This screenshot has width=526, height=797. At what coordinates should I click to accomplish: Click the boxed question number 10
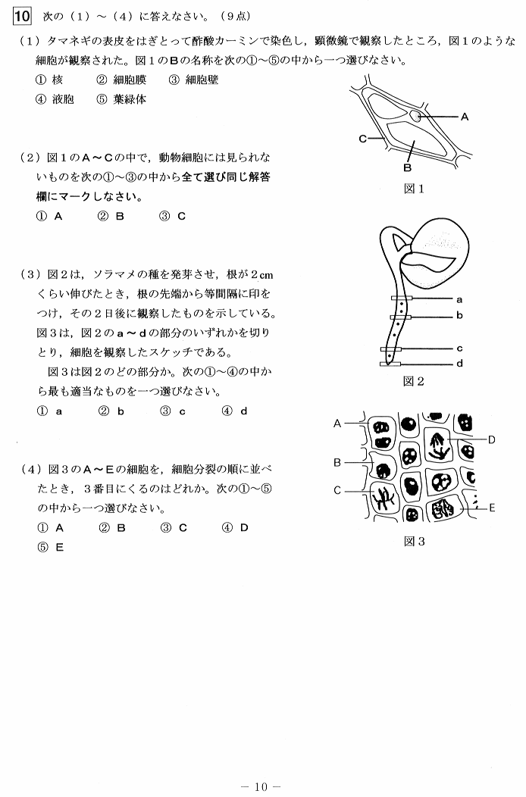[20, 15]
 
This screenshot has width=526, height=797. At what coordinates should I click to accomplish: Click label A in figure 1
[465, 117]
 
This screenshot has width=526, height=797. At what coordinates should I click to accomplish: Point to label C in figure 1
[363, 139]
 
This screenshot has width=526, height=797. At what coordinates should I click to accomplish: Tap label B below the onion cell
[407, 167]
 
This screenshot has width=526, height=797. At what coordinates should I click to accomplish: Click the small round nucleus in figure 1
[416, 116]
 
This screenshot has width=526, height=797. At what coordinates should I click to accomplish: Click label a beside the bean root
[459, 298]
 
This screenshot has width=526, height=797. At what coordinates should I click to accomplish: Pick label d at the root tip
[459, 364]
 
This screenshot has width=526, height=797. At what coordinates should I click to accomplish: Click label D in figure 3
[491, 439]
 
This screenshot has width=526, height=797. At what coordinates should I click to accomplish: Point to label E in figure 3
[491, 508]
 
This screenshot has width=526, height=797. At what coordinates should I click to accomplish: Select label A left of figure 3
[337, 425]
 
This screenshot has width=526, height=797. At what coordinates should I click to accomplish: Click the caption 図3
[415, 541]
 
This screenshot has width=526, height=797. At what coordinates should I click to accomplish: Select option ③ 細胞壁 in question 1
[193, 80]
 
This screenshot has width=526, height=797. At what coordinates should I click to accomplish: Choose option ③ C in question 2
[173, 216]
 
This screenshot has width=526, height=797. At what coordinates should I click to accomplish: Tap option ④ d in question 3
[235, 411]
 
